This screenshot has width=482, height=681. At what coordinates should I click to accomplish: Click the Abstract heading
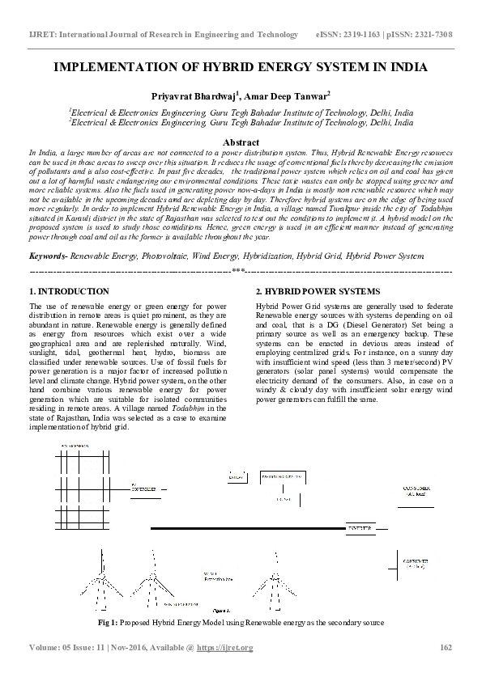tap(240, 142)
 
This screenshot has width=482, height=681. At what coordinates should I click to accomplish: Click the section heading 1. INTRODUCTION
tap(69, 291)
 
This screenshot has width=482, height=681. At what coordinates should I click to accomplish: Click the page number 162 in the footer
tap(445, 648)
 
